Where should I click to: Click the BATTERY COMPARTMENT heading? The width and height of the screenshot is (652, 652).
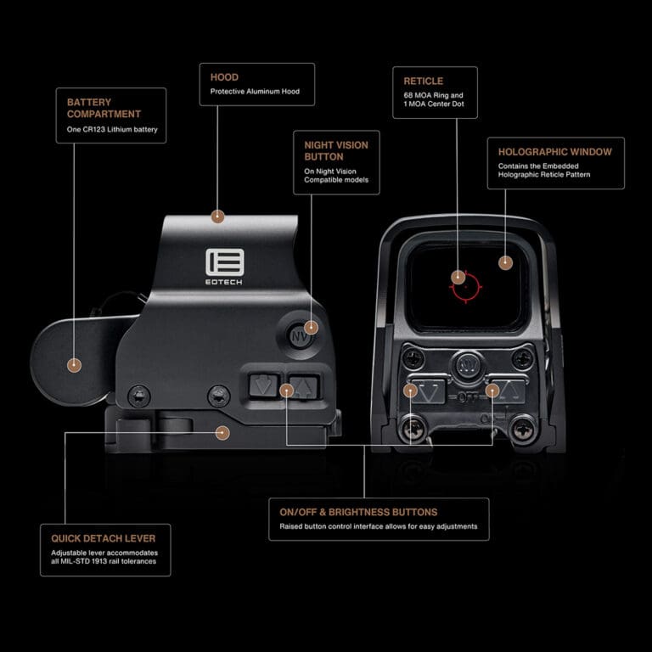point(104,107)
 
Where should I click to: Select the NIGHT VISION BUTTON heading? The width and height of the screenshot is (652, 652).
point(336,150)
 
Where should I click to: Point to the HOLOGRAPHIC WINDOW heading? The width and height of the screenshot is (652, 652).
point(554,152)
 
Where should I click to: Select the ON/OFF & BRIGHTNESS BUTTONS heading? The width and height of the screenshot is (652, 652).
point(358,512)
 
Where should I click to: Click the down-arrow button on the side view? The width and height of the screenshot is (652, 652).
point(264,387)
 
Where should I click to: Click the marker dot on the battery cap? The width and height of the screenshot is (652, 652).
point(74,365)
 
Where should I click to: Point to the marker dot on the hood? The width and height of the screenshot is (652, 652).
point(217,216)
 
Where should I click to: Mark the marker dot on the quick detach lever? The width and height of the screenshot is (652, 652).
point(222,432)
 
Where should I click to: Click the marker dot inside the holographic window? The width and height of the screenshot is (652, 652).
point(505,263)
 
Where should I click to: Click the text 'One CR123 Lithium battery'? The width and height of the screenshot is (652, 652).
point(112,131)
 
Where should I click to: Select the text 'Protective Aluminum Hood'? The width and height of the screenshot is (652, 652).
point(255,91)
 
